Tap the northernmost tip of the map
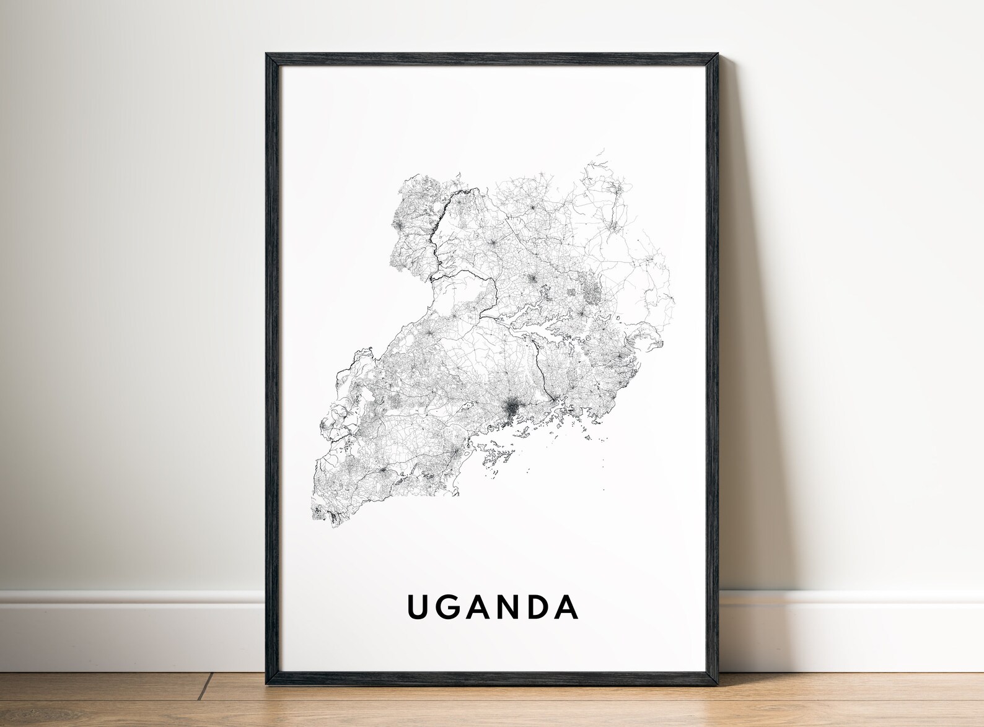602,150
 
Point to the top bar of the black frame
492,58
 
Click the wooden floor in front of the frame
492,706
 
